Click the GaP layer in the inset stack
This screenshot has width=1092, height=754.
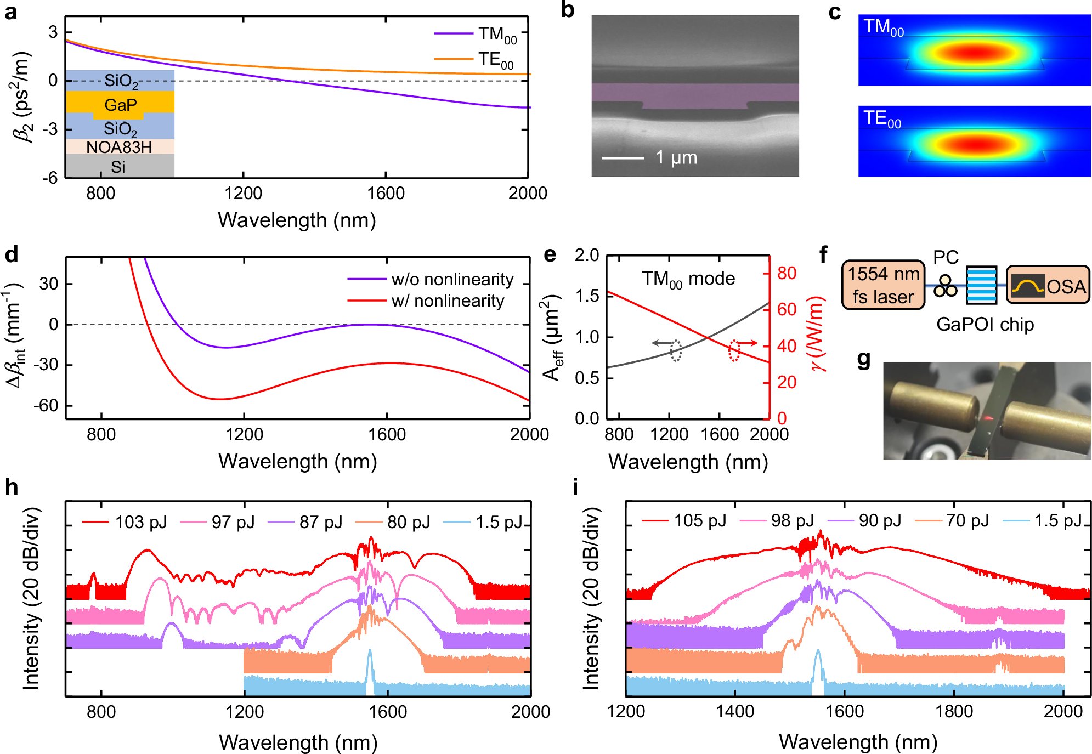120,104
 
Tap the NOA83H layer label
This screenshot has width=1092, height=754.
119,147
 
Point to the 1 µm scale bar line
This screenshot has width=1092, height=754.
623,158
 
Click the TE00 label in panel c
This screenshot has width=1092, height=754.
882,119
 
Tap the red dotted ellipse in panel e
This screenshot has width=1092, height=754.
734,350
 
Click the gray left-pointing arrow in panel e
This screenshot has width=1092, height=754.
661,343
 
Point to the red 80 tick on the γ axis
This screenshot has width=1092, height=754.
786,273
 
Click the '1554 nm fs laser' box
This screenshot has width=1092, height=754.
883,285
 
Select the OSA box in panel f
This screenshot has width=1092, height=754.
1048,285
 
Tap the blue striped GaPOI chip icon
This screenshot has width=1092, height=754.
981,285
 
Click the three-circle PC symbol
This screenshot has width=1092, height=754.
945,286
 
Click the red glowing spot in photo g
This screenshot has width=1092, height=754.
987,419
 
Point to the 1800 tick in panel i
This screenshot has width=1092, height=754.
954,711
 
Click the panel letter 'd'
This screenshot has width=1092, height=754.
12,254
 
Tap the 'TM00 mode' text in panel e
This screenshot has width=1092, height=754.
688,279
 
